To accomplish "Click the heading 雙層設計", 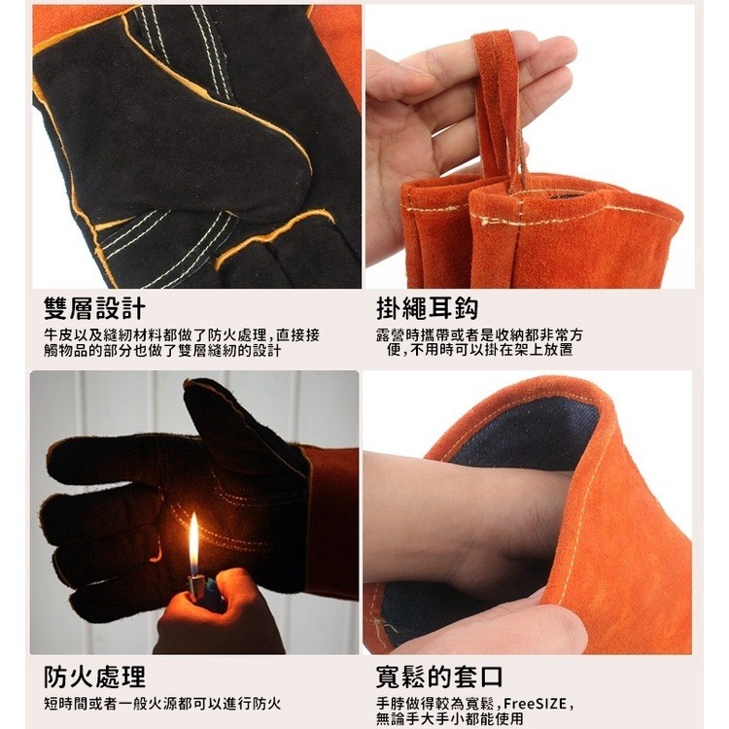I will coord(94,309).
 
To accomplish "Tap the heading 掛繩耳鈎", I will coord(427,309).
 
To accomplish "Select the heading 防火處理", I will coord(94,677).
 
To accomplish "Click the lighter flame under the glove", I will coord(193,544).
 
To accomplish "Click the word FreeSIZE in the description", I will coord(537,702).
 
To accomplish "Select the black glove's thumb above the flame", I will coord(238,428).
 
